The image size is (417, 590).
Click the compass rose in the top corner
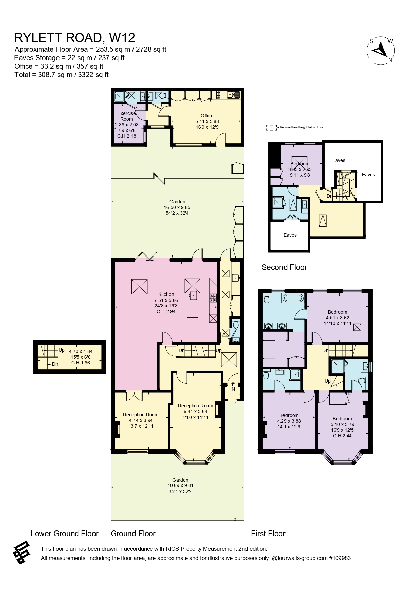381,51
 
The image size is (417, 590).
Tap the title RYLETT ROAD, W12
75,38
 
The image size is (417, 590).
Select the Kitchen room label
166,294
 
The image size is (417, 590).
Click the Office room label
207,116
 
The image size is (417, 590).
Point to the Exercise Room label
127,116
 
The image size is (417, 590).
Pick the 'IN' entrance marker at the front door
233,389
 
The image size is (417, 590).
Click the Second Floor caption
285,267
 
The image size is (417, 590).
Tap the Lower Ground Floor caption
65,534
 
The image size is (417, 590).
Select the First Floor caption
268,534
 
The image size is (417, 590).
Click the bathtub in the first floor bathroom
294,298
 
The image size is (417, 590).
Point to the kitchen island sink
194,296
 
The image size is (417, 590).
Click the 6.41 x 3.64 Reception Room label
195,411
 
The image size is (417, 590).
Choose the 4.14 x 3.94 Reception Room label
141,420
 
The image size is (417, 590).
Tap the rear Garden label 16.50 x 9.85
177,207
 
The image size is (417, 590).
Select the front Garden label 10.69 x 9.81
180,486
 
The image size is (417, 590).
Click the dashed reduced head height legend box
271,128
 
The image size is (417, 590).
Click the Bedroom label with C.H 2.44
342,427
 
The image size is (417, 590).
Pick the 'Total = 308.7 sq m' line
62,75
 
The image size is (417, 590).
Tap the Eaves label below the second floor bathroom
290,235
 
